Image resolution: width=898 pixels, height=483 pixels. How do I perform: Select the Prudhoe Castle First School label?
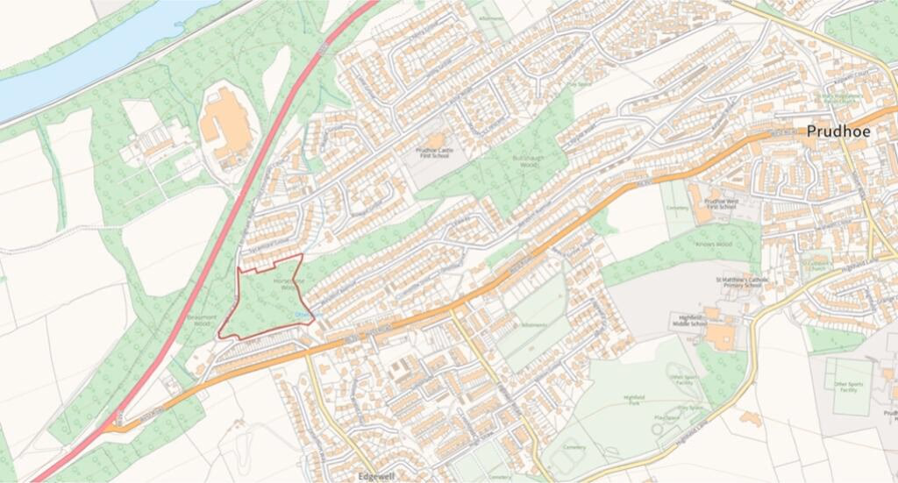point(437,154)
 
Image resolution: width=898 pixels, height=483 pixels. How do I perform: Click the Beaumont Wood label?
point(200,318)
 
